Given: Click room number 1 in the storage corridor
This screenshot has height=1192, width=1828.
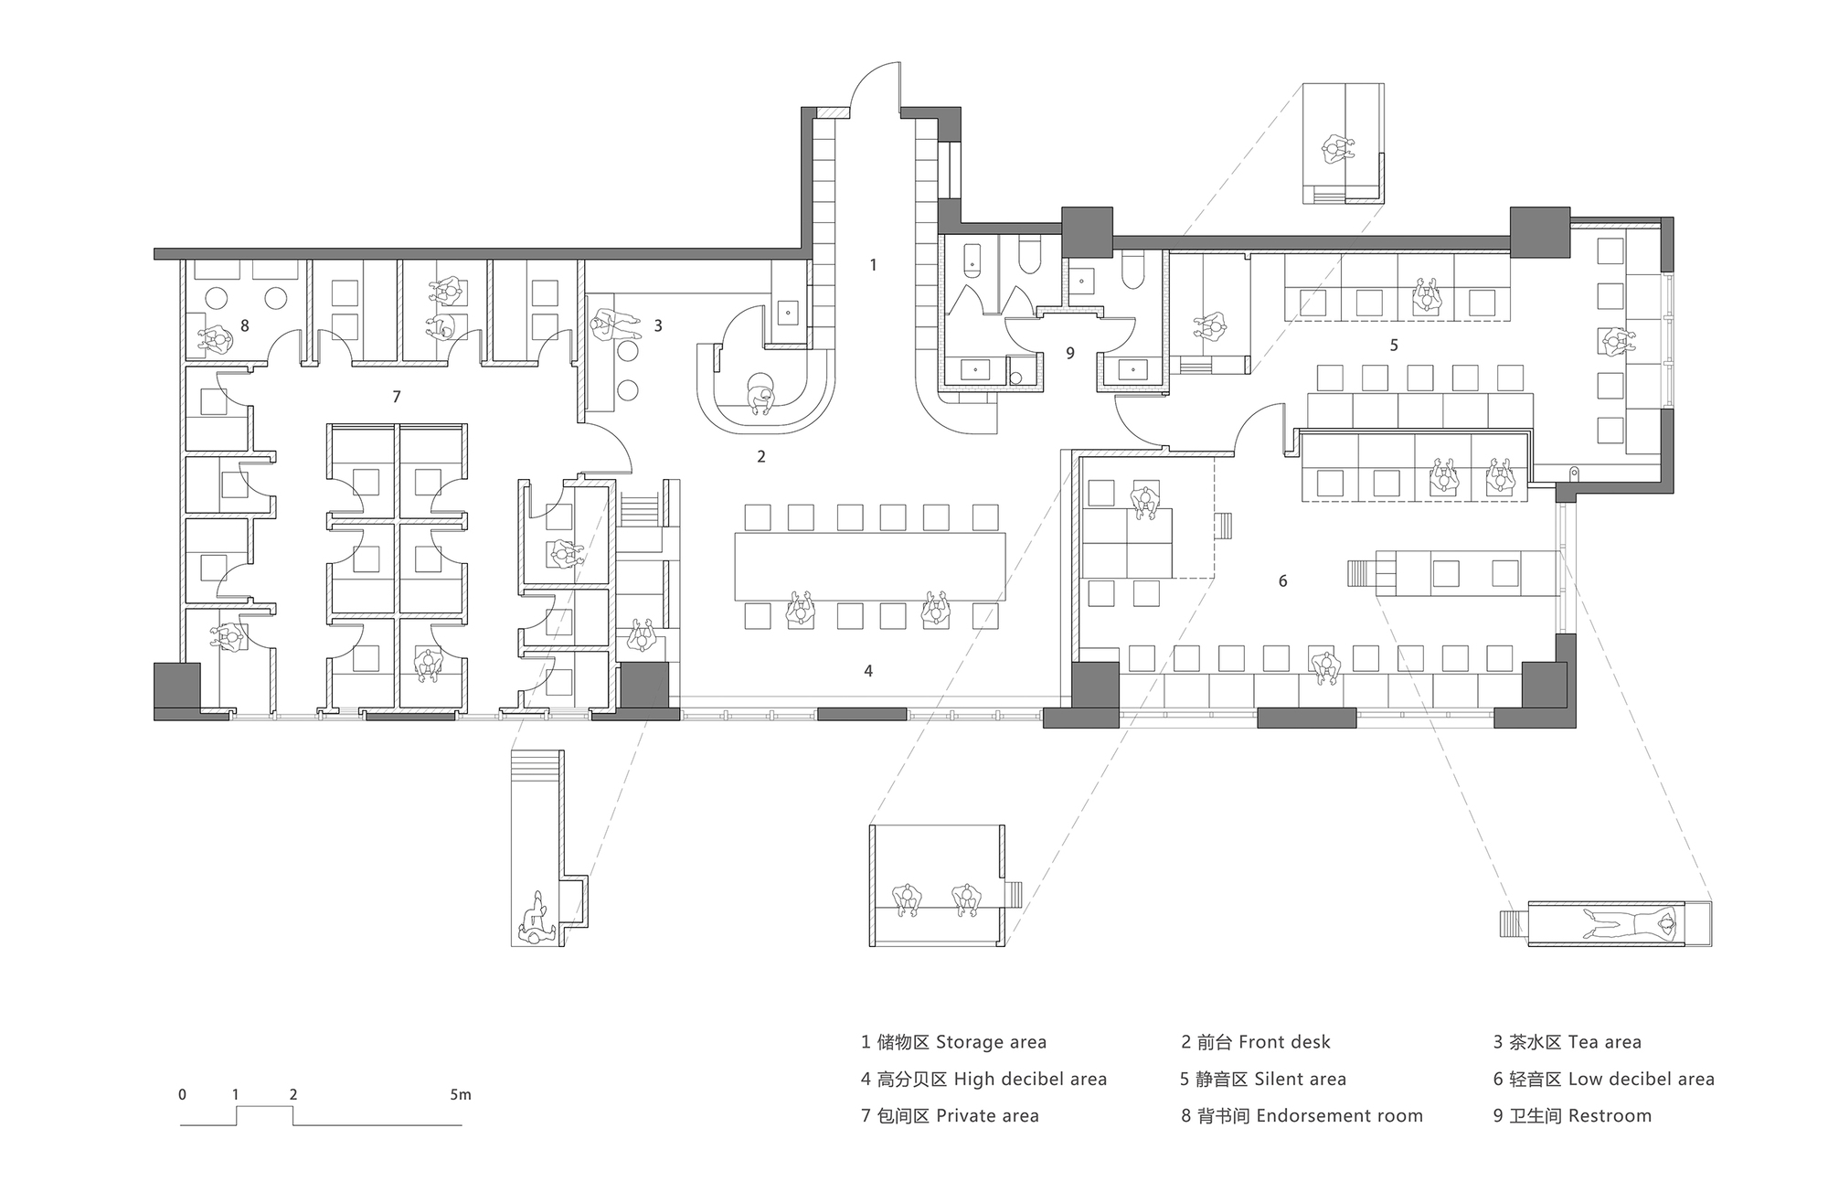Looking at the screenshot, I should click(x=873, y=265).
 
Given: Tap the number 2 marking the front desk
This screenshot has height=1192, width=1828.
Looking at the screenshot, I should click(x=760, y=456).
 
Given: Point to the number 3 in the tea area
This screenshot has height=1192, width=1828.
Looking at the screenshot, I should click(x=657, y=325).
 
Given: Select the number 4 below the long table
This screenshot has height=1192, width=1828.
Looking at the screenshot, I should click(x=867, y=671).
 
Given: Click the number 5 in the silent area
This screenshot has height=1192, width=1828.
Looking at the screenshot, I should click(x=1393, y=346).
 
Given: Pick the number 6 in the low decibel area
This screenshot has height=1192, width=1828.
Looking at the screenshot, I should click(x=1282, y=581).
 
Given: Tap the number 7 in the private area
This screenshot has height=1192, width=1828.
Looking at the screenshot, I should click(x=396, y=397).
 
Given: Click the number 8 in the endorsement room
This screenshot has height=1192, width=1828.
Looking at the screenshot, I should click(x=244, y=325).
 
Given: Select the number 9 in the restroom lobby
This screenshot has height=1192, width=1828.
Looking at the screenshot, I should click(x=1069, y=353).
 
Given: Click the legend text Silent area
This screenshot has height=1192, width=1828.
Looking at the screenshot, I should click(x=1300, y=1080).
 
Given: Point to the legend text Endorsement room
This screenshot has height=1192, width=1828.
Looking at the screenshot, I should click(x=1339, y=1116).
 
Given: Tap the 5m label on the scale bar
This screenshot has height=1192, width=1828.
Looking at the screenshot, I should click(x=460, y=1095).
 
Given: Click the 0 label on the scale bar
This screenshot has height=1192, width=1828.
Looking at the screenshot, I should click(x=183, y=1095).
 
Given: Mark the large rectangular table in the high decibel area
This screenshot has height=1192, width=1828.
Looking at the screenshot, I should click(x=869, y=566).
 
